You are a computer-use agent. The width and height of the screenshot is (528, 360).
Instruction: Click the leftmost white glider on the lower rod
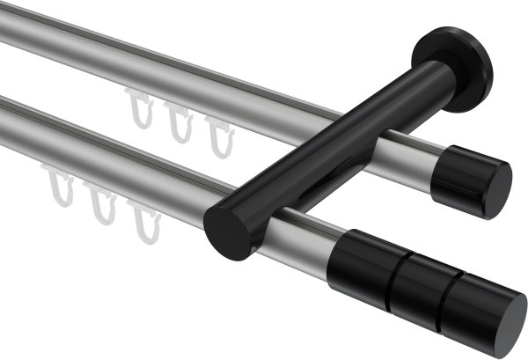[59, 194]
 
